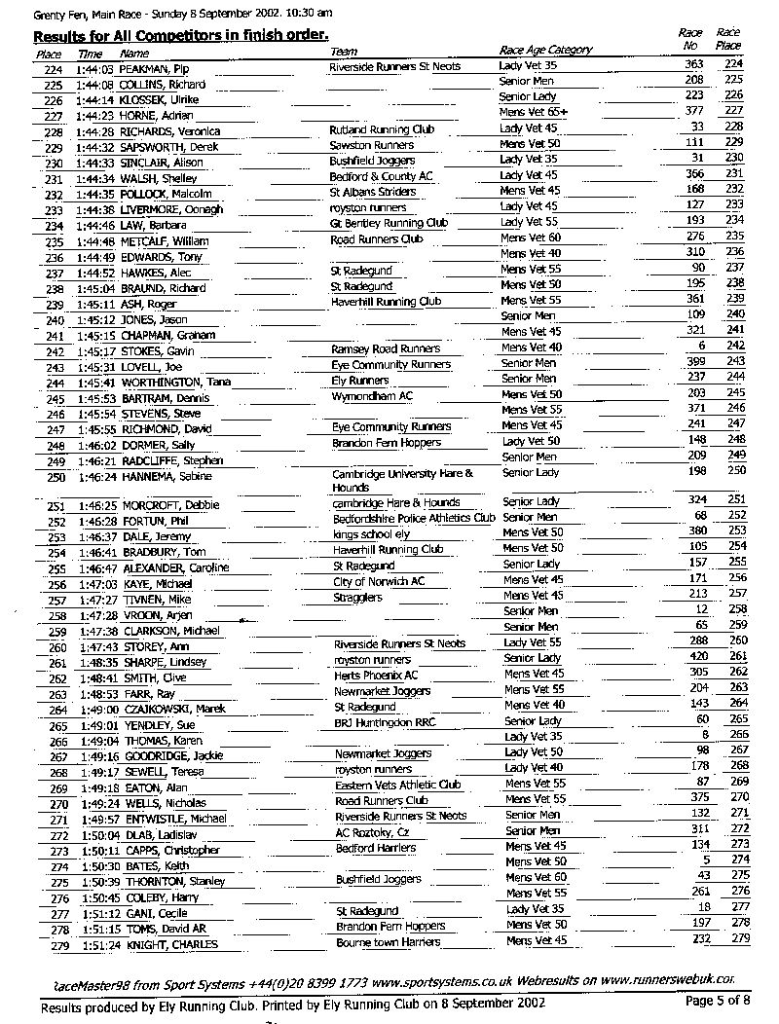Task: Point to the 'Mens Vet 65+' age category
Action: (x=534, y=113)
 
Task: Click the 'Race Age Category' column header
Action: (x=544, y=51)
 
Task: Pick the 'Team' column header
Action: (x=344, y=53)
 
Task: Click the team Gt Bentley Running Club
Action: (x=389, y=223)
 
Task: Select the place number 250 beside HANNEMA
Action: (x=56, y=478)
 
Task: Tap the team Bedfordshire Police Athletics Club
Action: (x=414, y=518)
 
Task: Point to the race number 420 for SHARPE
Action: (x=693, y=658)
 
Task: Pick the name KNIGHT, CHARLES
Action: (x=168, y=944)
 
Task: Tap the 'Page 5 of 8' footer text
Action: (x=718, y=1000)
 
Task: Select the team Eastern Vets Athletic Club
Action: (x=397, y=785)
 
